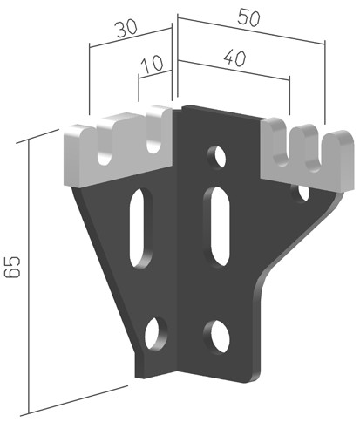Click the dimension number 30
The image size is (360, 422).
pyautogui.click(x=126, y=29)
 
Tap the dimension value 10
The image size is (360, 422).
pyautogui.click(x=153, y=64)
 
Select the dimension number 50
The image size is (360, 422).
pyautogui.click(x=248, y=17)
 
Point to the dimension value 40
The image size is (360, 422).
pyautogui.click(x=235, y=58)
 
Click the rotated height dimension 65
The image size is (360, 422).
pyautogui.click(x=12, y=267)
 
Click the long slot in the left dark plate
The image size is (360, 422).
pyautogui.click(x=140, y=228)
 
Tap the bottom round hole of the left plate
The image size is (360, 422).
pyautogui.click(x=156, y=333)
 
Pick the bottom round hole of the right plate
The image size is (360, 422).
pyautogui.click(x=216, y=337)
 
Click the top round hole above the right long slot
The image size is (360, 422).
pyautogui.click(x=217, y=158)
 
